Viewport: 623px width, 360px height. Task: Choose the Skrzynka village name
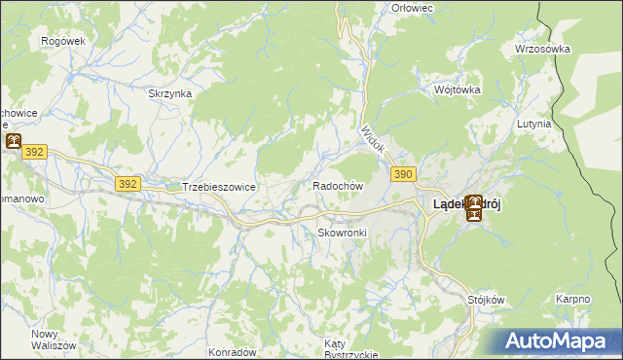point(169,93)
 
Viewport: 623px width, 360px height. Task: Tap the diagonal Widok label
point(373,140)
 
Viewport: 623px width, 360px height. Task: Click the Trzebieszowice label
point(218,186)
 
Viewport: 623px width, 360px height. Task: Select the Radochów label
point(338,186)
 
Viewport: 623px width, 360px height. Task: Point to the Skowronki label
point(342,233)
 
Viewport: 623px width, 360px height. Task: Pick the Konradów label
point(232,351)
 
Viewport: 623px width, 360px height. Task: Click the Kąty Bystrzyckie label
point(350,349)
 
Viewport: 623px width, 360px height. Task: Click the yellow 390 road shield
point(405,173)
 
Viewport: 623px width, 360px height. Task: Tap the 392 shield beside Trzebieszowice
point(128,183)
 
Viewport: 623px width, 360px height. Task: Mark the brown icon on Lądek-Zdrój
point(473,207)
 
